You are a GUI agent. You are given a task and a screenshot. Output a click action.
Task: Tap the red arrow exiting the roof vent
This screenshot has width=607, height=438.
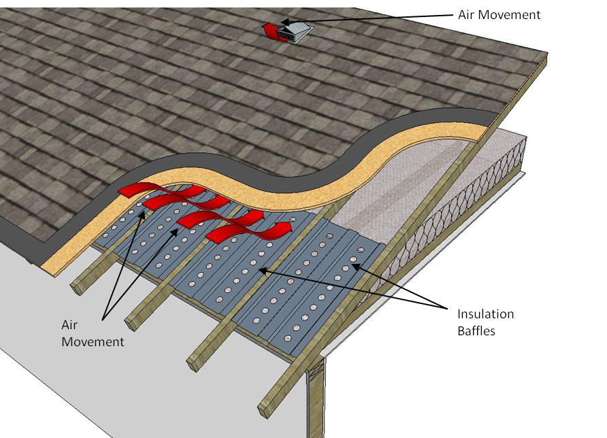point(274,30)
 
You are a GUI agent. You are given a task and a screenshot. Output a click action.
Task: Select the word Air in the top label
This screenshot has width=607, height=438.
point(467,14)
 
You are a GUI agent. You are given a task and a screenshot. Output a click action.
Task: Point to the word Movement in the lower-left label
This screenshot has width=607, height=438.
point(93,342)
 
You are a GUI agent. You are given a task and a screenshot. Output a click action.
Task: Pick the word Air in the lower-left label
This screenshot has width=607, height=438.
point(70,326)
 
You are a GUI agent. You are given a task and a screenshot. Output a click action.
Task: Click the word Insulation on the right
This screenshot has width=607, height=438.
point(485,314)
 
